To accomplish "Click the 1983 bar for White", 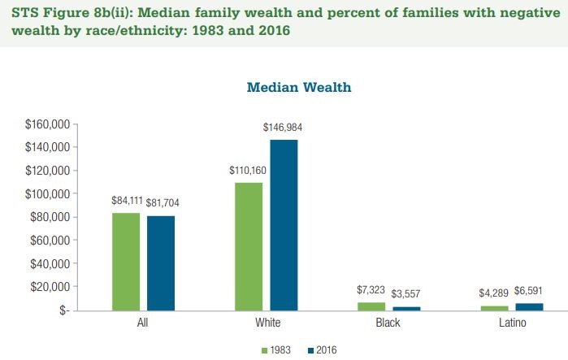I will tap(249, 246).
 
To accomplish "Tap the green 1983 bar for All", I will tap(126, 262).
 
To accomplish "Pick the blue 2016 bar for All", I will tap(161, 262).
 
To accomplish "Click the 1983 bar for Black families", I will tap(371, 306).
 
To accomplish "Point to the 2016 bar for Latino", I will tap(530, 306).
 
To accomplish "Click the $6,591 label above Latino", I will tap(530, 290).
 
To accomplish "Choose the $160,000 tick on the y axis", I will tap(49, 124).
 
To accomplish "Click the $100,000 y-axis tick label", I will tap(49, 194).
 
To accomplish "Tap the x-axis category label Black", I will tap(388, 323).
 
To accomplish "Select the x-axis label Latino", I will tap(512, 323).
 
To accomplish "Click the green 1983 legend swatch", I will tap(264, 350).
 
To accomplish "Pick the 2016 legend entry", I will tap(324, 350).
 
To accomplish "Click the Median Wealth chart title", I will tap(299, 87).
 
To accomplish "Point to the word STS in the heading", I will tap(24, 14).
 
